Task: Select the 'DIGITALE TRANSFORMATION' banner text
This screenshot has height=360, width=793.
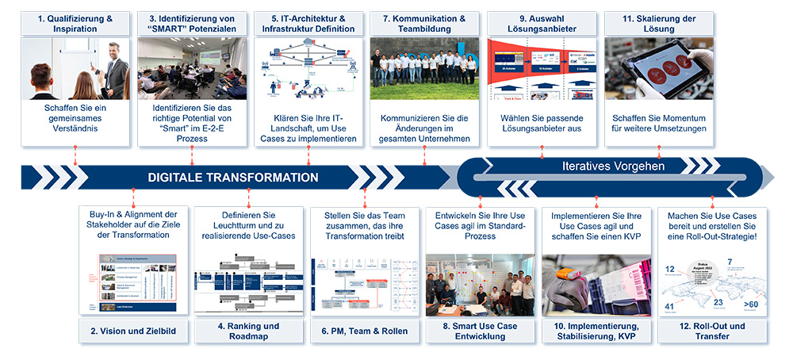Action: coord(232,178)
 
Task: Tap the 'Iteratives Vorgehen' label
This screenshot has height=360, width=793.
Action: coord(613,167)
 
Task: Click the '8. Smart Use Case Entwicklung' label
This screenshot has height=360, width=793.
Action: coord(480,331)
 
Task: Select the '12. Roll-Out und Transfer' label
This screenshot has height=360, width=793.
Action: coord(711,331)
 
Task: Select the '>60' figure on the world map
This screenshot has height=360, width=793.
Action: coord(750,302)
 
